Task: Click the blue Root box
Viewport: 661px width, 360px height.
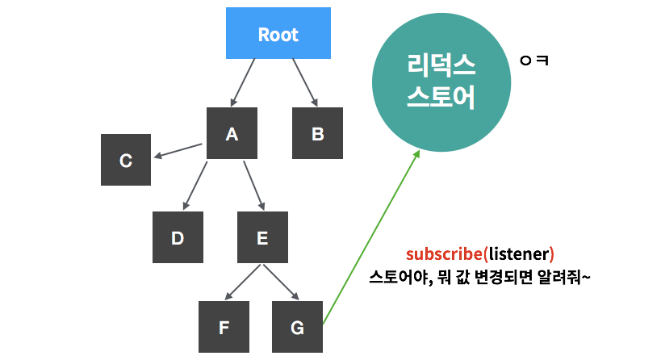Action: [278, 35]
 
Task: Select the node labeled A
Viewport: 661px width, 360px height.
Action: [232, 133]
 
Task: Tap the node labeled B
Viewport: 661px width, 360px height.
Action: [317, 133]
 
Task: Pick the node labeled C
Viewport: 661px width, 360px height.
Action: [126, 160]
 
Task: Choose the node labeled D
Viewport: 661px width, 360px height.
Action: [178, 237]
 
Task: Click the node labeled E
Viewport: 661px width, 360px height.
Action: [261, 237]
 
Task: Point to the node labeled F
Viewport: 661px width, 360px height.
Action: [224, 327]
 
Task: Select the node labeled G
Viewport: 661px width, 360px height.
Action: [297, 327]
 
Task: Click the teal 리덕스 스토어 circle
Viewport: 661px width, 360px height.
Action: [441, 82]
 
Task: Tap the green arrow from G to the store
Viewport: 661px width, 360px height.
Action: [371, 237]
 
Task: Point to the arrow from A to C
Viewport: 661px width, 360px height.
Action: [178, 151]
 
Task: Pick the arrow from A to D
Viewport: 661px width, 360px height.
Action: [195, 185]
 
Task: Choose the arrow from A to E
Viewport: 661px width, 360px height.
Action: [253, 185]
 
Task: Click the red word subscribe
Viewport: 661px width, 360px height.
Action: [444, 254]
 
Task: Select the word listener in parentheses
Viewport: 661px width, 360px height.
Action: [518, 254]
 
